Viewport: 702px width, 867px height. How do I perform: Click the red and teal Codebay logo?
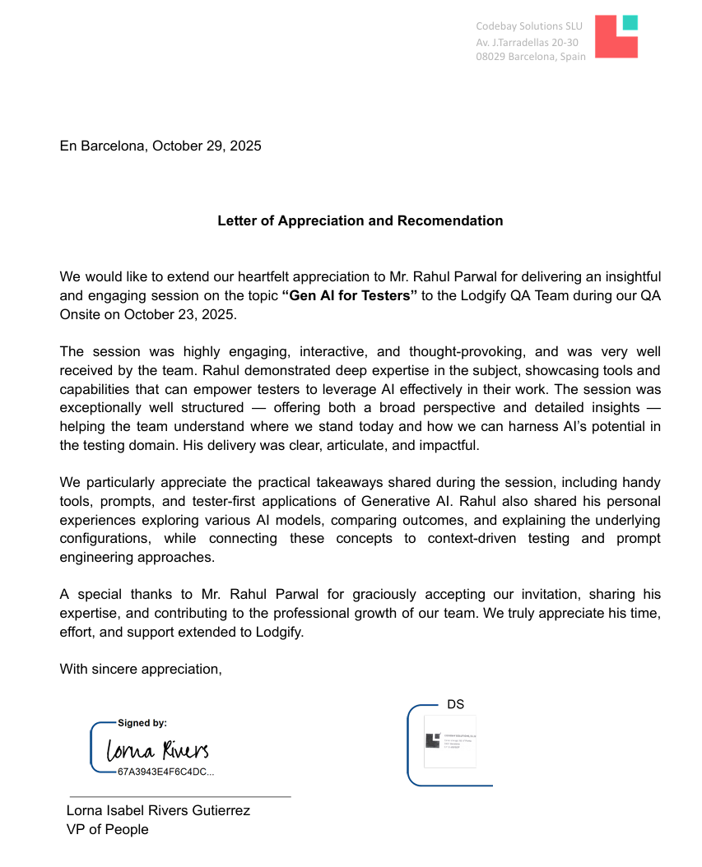click(616, 37)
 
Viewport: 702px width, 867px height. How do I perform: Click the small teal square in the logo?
click(630, 22)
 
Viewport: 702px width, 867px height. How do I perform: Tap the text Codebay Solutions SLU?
click(528, 26)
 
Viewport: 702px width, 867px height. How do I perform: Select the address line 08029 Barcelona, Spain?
click(531, 57)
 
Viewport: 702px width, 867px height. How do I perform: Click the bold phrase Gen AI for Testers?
click(351, 296)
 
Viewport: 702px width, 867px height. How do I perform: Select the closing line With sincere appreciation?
click(141, 669)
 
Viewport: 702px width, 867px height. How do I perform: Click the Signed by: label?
click(142, 723)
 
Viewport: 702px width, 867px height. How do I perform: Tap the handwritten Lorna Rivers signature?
click(156, 749)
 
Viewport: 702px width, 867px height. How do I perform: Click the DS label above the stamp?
click(455, 705)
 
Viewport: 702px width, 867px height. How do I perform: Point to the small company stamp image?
click(450, 741)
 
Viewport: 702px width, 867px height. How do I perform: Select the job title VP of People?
click(107, 829)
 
